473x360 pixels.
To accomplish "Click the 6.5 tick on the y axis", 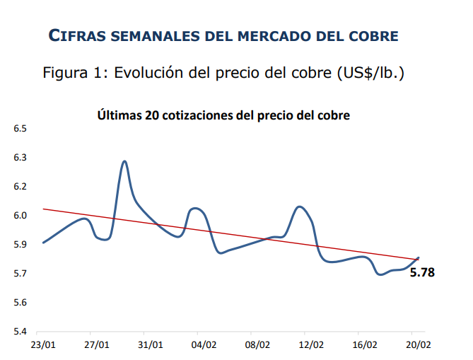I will (x=19, y=129).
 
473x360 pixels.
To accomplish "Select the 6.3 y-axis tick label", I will (x=19, y=158).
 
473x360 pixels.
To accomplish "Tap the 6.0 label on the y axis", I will (x=19, y=216).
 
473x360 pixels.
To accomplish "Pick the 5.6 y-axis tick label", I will (x=19, y=303).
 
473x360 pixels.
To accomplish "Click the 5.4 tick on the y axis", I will (x=19, y=332).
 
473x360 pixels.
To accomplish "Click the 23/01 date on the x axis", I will (x=43, y=345).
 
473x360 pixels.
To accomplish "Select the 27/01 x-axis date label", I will (x=97, y=345).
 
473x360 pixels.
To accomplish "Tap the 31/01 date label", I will (x=150, y=345).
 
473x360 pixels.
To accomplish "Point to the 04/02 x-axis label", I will (x=204, y=345).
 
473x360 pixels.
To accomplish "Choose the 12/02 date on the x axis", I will (x=311, y=345).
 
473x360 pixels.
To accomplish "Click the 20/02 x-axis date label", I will (x=418, y=345).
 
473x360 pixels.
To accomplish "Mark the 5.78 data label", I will (x=422, y=272).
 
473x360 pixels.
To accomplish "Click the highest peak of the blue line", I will (x=125, y=161).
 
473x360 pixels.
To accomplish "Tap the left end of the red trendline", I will (x=44, y=209).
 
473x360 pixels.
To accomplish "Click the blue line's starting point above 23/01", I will (x=44, y=243).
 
